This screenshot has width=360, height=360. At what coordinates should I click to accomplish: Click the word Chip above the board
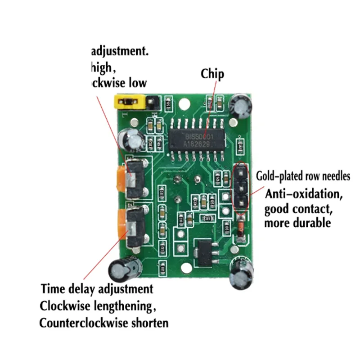point(212,74)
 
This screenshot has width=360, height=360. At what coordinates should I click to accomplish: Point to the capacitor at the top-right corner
point(239,106)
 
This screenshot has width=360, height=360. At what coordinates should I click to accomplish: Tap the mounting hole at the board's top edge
point(183,105)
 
